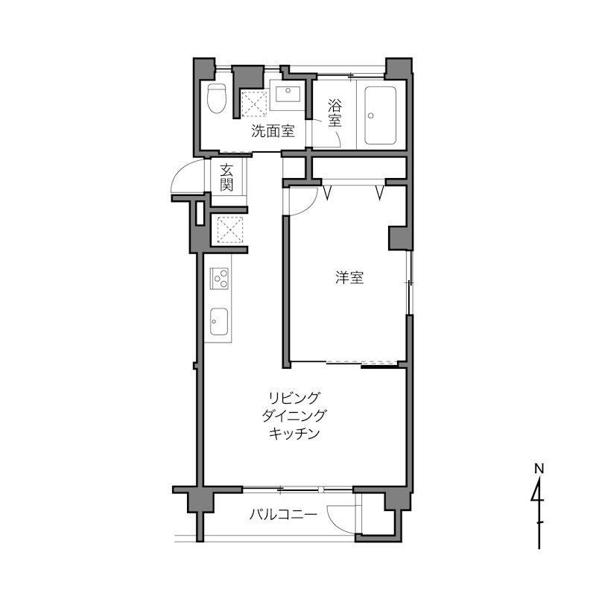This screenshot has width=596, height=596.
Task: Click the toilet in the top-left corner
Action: (216, 98)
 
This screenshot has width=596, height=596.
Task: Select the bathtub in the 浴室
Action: (381, 115)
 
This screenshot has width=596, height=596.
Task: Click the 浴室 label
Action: (335, 113)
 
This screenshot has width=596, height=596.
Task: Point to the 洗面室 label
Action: (273, 132)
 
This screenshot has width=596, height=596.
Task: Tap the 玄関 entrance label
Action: (226, 177)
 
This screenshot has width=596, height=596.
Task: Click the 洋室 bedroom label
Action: (349, 278)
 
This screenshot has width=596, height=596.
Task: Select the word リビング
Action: (293, 398)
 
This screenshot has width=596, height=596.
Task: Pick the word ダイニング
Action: (294, 416)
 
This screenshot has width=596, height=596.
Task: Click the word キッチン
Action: (294, 434)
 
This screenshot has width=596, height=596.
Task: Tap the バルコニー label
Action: (283, 515)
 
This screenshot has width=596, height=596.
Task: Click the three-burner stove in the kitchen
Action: (219, 279)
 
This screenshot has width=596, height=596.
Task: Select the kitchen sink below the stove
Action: (219, 322)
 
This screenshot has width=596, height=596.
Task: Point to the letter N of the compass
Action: (539, 469)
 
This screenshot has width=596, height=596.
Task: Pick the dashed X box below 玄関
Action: (230, 229)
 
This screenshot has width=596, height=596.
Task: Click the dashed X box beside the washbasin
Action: (254, 104)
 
